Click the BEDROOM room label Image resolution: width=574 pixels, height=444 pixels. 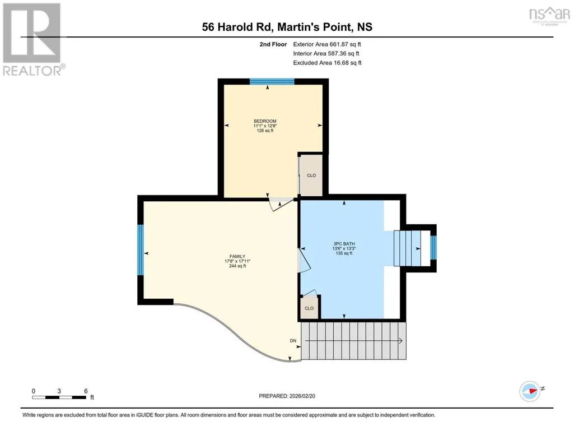265,121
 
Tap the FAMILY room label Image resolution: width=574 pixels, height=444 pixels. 237,256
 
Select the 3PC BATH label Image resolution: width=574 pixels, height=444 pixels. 344,244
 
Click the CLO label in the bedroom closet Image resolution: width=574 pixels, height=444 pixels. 311,175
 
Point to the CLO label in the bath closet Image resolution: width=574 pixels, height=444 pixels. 309,308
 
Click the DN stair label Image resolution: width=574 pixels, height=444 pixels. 293,341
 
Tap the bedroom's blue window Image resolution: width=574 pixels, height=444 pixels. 272,81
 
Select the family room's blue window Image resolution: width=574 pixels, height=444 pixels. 140,250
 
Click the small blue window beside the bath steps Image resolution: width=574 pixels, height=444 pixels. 433,248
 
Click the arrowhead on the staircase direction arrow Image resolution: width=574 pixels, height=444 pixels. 401,341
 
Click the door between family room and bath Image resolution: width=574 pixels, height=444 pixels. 305,261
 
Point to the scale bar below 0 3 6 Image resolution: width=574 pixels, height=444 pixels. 59,397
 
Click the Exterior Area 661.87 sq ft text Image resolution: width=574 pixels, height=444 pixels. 327,44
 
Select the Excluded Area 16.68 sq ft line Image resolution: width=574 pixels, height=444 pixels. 327,63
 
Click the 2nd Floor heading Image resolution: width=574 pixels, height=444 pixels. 273,44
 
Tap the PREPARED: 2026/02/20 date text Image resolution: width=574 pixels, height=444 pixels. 287,396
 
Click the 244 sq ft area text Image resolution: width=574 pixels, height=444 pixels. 237,266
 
